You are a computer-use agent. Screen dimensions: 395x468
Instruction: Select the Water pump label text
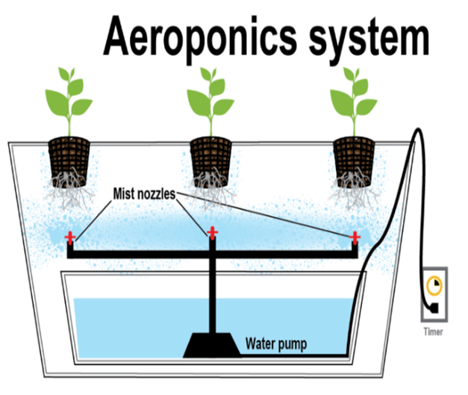pyautogui.click(x=276, y=345)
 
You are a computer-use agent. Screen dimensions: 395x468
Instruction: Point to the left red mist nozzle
pyautogui.click(x=70, y=237)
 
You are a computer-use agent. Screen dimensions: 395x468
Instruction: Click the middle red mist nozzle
pyautogui.click(x=212, y=232)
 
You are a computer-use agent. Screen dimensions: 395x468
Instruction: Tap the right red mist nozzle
pyautogui.click(x=356, y=237)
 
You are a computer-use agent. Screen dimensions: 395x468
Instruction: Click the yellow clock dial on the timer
pyautogui.click(x=434, y=285)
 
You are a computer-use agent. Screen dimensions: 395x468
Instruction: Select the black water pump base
pyautogui.click(x=212, y=344)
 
